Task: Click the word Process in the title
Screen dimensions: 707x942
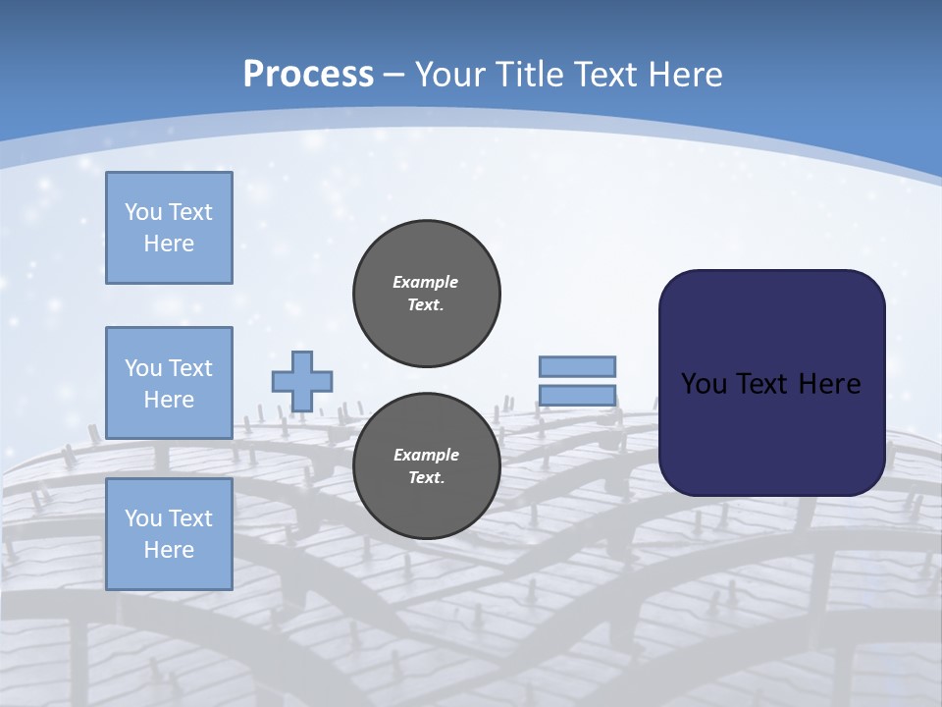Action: (x=308, y=75)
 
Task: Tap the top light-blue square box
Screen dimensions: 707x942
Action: (x=169, y=228)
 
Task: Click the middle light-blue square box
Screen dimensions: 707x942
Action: (x=169, y=383)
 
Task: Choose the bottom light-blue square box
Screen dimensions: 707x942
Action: (x=169, y=534)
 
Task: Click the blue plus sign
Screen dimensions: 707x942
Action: (x=302, y=381)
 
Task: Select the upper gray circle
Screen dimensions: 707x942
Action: (x=427, y=293)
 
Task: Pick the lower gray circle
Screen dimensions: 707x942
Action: (x=427, y=465)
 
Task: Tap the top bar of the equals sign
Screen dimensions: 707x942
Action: (x=578, y=366)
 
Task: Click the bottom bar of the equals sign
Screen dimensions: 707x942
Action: (x=578, y=396)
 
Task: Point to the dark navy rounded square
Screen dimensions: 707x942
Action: (x=771, y=383)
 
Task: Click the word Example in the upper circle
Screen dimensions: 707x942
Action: (x=426, y=282)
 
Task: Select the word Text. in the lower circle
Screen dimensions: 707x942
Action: (x=426, y=478)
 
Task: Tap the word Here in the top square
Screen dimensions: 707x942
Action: (x=169, y=244)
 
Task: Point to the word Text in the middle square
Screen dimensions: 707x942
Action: (x=190, y=368)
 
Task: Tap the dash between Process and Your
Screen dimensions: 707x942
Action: (x=394, y=75)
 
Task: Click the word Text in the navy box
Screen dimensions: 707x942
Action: (x=765, y=383)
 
